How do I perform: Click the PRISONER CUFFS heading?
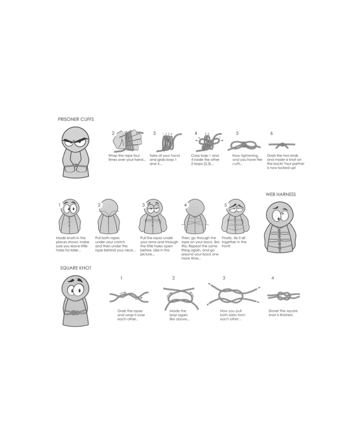tap(76, 119)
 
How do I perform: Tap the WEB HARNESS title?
tap(280, 194)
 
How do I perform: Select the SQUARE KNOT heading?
tap(76, 268)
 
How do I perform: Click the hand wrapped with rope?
tap(128, 141)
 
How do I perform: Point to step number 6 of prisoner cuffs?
tap(272, 133)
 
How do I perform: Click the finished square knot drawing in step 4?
tap(283, 296)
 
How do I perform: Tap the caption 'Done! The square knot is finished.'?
tap(283, 313)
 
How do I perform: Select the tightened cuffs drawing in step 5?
tap(244, 146)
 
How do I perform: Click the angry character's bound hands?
tap(75, 166)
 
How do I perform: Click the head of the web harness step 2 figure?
tap(109, 207)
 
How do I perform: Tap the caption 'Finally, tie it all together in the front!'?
tap(233, 242)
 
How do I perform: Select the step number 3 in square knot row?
tap(224, 278)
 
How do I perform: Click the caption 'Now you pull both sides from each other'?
tap(232, 315)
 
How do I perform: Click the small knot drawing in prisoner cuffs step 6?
tap(282, 145)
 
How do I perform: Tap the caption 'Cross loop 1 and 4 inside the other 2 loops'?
tap(205, 159)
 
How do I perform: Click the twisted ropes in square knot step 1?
tap(129, 297)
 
